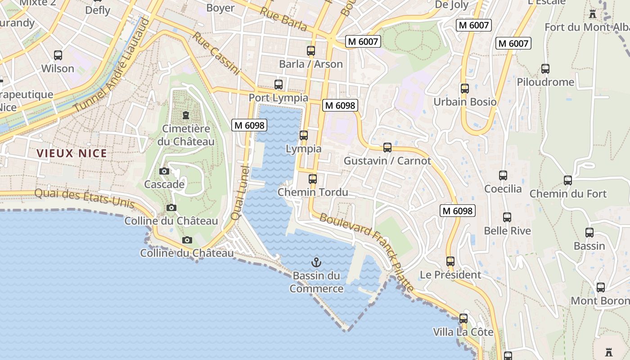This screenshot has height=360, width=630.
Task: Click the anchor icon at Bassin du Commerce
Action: click(x=316, y=262)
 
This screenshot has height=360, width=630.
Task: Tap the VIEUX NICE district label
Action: click(x=72, y=153)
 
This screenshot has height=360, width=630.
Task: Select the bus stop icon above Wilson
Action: click(x=58, y=55)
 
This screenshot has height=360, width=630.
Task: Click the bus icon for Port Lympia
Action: click(x=279, y=84)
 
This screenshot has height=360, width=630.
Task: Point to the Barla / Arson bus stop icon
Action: click(x=311, y=50)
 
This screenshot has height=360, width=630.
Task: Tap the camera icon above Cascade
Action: click(x=164, y=171)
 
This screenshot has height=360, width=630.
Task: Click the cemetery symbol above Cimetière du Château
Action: click(x=186, y=115)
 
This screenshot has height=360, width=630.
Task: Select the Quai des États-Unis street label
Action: click(x=85, y=198)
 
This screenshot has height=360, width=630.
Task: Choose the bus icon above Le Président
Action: click(x=450, y=261)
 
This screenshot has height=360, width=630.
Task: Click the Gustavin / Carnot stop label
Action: click(x=387, y=161)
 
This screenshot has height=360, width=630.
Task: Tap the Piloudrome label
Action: click(x=545, y=82)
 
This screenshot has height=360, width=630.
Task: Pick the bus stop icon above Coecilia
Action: click(x=503, y=175)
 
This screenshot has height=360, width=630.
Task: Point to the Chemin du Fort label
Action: click(x=568, y=194)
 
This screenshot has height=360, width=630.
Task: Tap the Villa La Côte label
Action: click(x=463, y=332)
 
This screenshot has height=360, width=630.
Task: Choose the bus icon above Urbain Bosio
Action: click(x=465, y=89)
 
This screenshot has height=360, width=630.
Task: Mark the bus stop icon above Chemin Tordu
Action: click(x=313, y=179)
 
